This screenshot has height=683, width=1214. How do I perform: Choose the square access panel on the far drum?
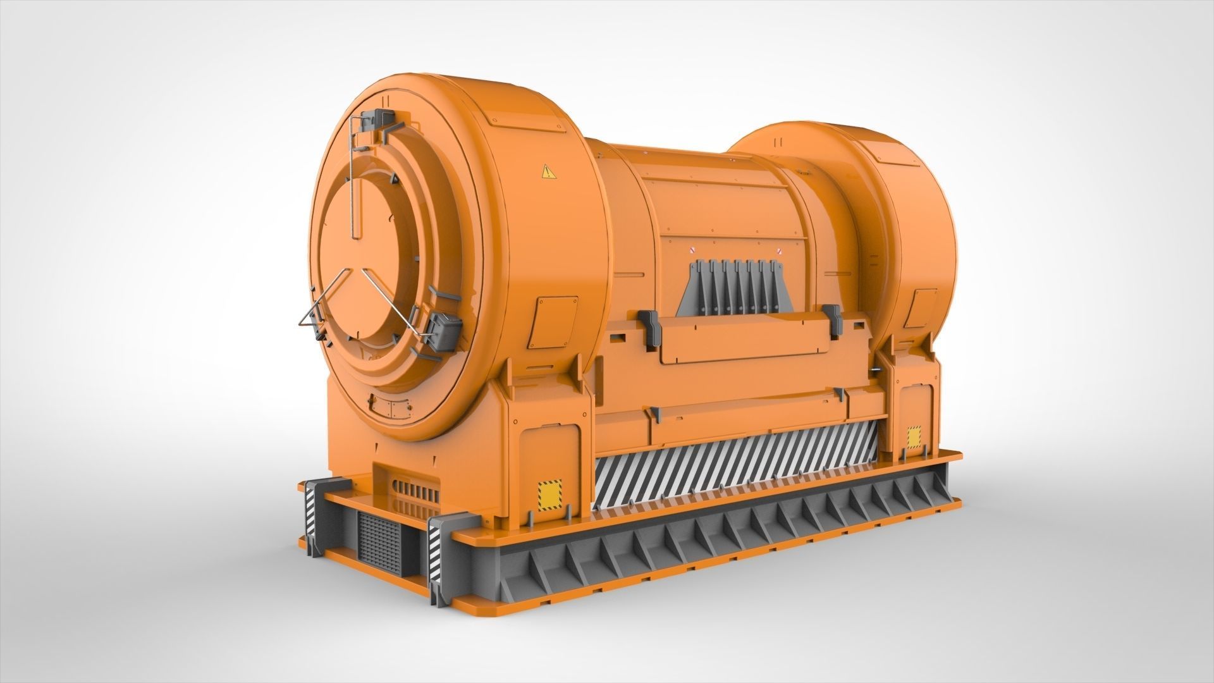click(x=921, y=309)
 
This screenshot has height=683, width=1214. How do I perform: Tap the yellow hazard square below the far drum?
click(x=914, y=438)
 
